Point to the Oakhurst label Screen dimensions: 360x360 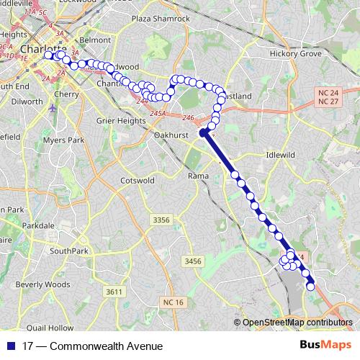[x=171, y=134]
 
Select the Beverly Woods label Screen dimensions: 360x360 [x=43, y=284]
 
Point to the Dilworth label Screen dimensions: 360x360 [x=27, y=102]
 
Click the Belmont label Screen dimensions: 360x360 [x=96, y=41]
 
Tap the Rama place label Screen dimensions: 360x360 [x=198, y=176]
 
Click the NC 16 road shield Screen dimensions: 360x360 [x=174, y=301]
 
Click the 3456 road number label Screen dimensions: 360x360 [x=192, y=261]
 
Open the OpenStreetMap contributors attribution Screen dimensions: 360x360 [x=297, y=323]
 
